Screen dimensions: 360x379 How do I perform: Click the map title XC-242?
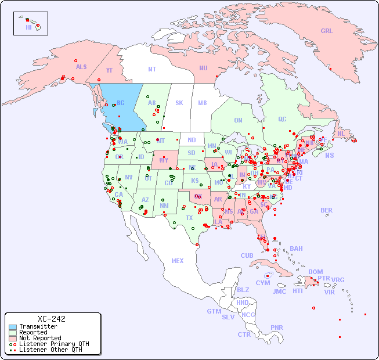click(x=51, y=319)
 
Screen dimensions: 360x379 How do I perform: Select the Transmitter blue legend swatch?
click(x=12, y=327)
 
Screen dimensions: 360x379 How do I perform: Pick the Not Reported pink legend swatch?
click(x=12, y=338)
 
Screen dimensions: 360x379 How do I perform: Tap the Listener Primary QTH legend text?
click(x=53, y=344)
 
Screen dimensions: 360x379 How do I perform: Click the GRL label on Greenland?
click(x=327, y=31)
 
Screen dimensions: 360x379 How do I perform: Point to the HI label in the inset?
click(x=28, y=27)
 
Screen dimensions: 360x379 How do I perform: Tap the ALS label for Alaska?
click(x=81, y=67)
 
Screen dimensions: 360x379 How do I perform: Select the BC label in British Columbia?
click(x=121, y=103)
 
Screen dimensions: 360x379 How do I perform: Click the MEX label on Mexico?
click(x=178, y=261)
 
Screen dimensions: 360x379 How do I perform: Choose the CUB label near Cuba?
click(x=247, y=255)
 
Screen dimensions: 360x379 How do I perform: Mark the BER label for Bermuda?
click(x=326, y=210)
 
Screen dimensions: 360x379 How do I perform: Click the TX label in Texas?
click(x=189, y=218)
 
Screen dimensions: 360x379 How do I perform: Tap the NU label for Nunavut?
click(x=203, y=68)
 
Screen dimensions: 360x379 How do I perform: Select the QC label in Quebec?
click(x=282, y=119)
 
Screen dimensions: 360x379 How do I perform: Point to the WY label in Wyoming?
click(x=164, y=160)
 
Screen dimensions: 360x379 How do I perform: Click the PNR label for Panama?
click(x=277, y=327)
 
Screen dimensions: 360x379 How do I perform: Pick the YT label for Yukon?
click(x=109, y=70)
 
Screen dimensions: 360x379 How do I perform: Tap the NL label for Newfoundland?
click(x=341, y=134)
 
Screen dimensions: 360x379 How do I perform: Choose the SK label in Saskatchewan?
click(x=179, y=103)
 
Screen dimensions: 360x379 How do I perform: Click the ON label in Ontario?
click(x=238, y=120)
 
